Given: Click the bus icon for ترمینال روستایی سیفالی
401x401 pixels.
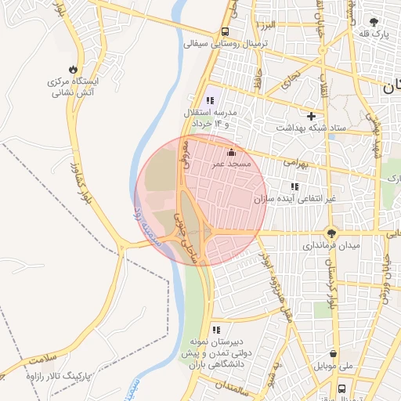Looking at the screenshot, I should tap(225, 32).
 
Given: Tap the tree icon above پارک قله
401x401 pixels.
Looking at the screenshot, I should tap(373, 22).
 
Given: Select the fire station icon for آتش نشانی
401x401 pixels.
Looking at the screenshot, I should tap(74, 68).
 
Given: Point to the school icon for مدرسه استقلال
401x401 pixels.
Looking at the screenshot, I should tap(209, 100).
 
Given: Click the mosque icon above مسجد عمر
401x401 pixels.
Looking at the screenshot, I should tap(231, 152).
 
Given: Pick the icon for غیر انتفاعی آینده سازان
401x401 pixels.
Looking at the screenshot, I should tap(294, 186).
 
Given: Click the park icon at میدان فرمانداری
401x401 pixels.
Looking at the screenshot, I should tap(332, 232).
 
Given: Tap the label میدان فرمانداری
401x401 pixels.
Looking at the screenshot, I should tap(334, 246).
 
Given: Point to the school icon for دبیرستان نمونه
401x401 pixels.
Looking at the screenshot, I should tap(216, 330).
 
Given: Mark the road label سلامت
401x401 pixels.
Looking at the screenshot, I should tap(43, 358).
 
